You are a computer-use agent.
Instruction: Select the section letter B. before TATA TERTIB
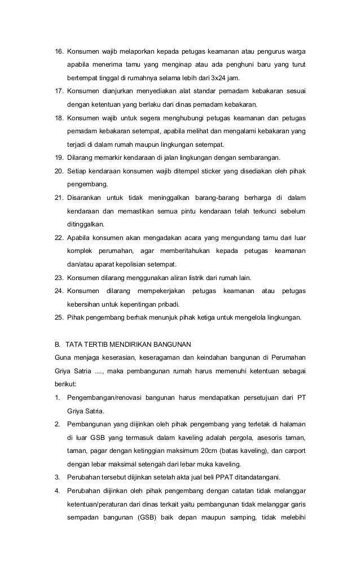pyautogui.click(x=58, y=343)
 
